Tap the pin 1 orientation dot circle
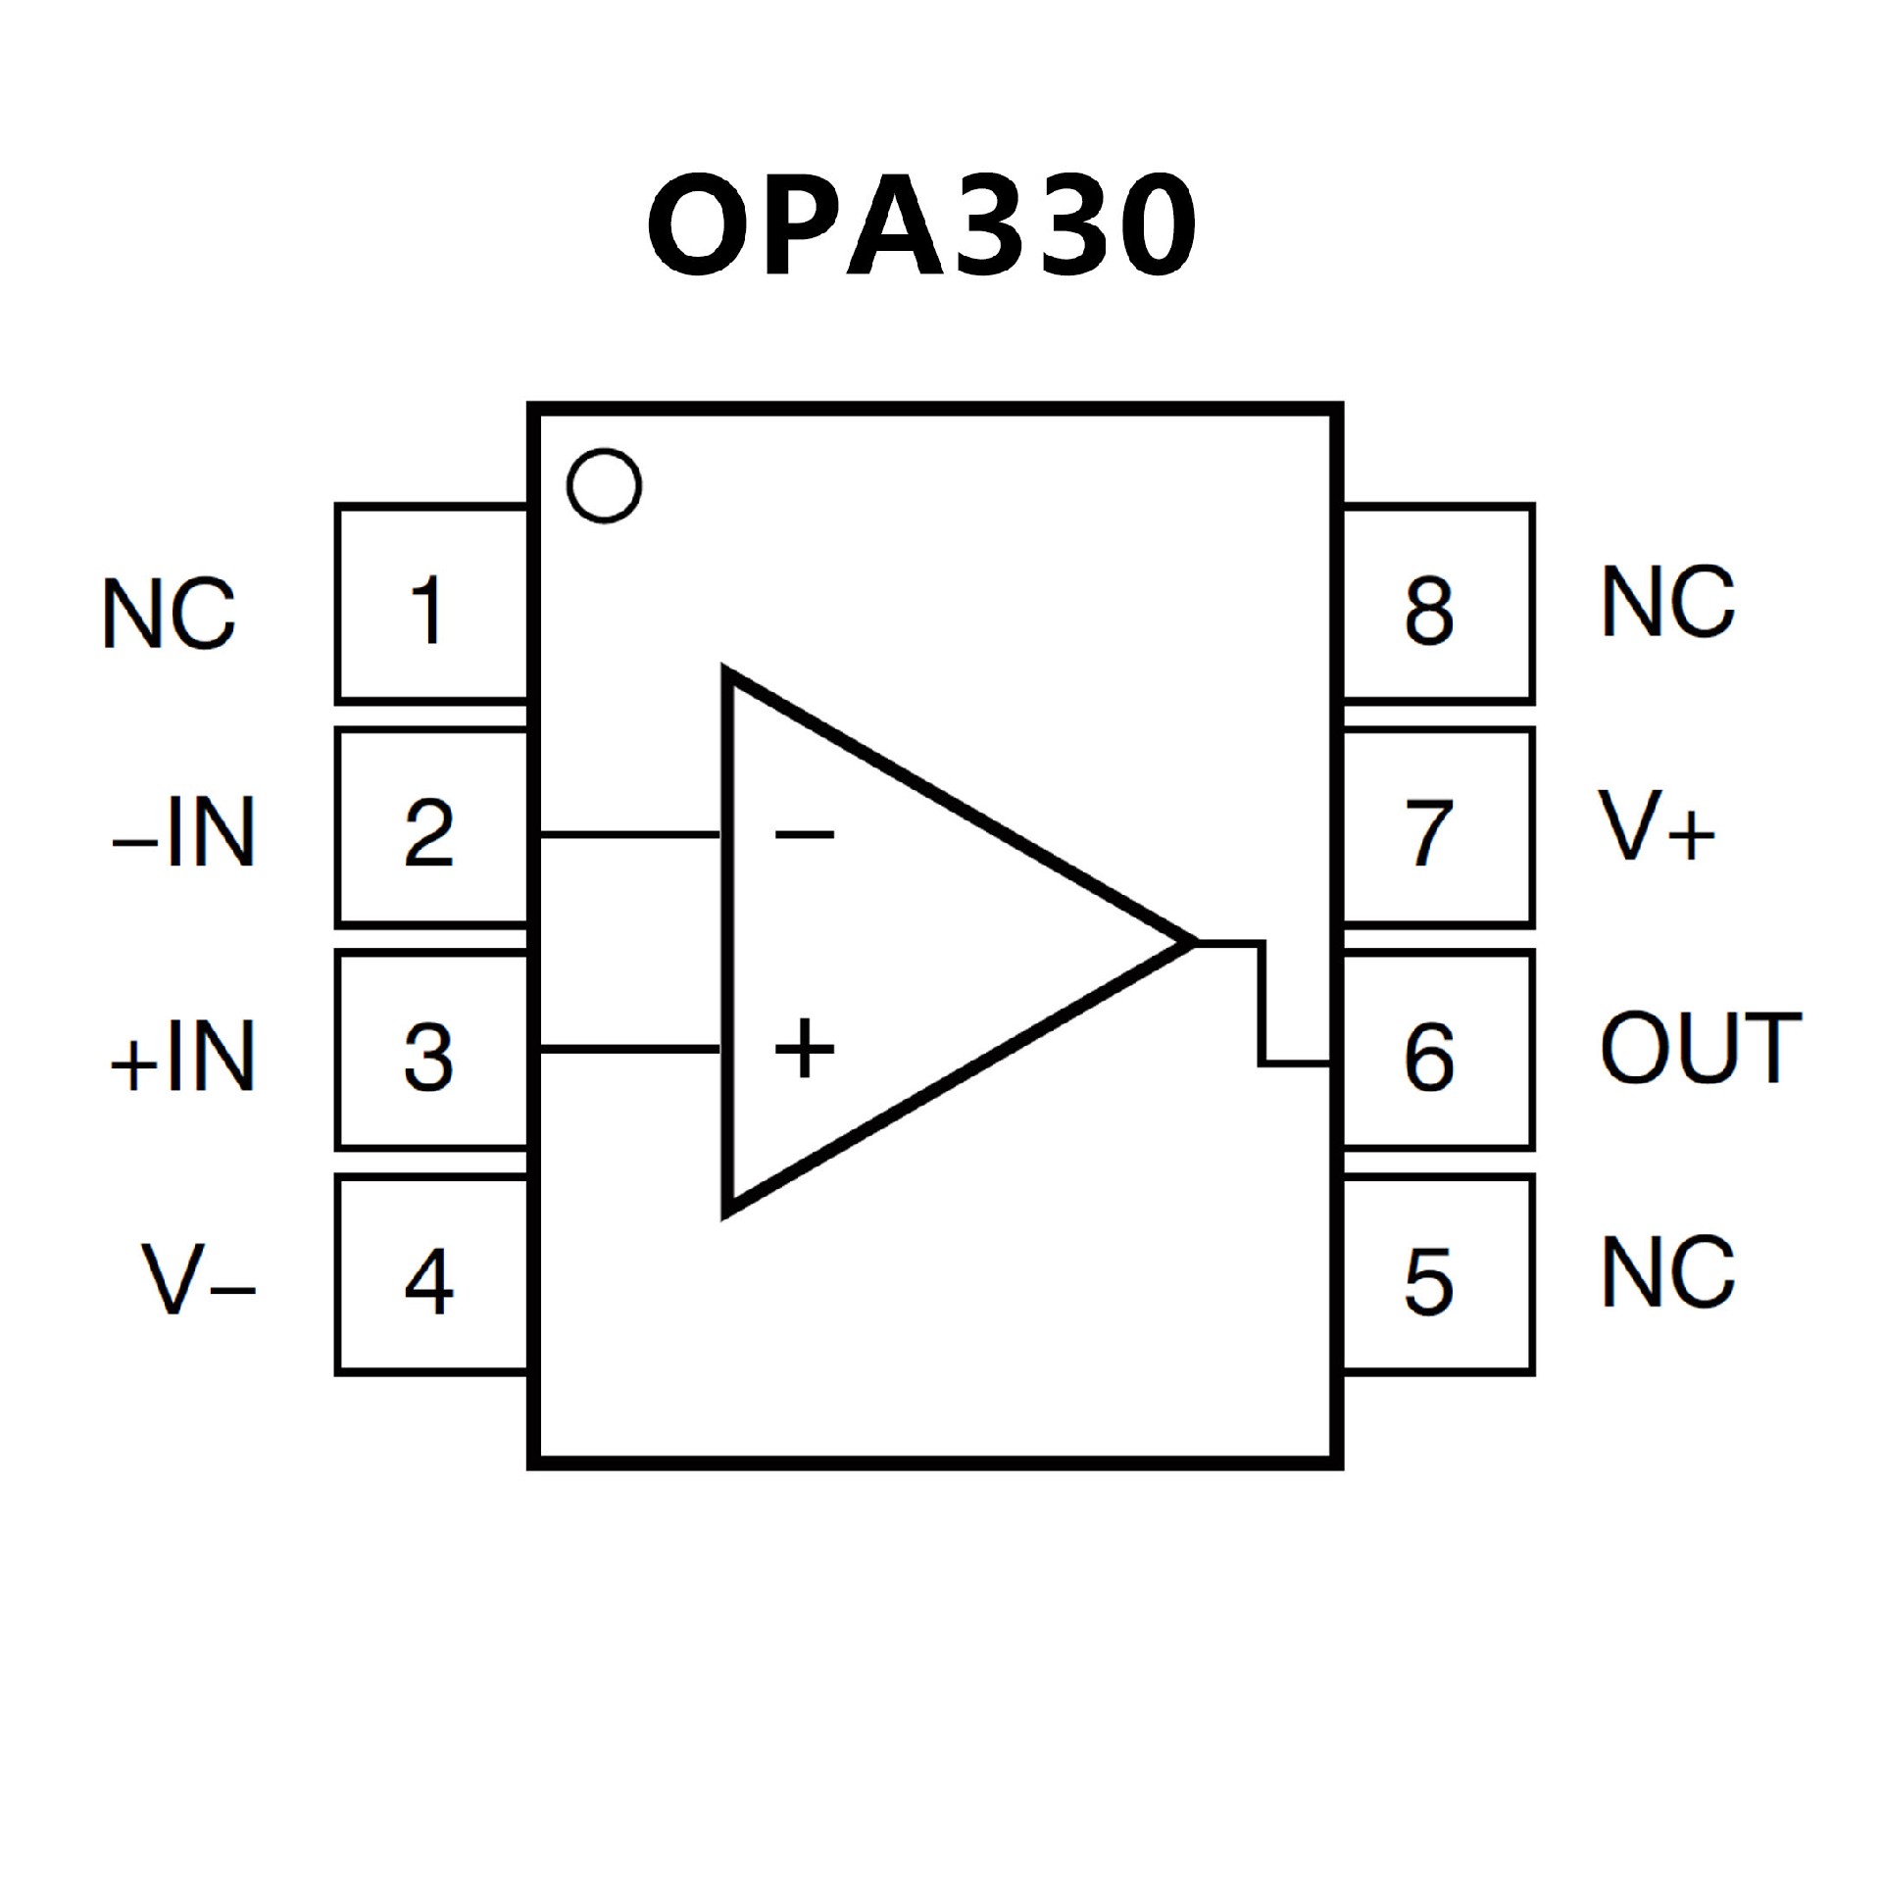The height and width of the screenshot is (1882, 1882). coord(604,485)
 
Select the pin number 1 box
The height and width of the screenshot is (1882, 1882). coord(431,605)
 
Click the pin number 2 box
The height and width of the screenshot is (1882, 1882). coord(431,828)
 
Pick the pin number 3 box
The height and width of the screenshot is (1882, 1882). coord(431,1052)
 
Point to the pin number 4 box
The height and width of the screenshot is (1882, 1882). coord(431,1275)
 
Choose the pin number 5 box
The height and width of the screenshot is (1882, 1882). coord(1437,1275)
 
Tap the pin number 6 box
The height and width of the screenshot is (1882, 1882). coord(1437,1052)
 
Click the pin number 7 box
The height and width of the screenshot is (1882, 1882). coord(1437,828)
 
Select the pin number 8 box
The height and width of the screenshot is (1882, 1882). coord(1437,605)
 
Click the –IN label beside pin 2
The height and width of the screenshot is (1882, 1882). coord(183,832)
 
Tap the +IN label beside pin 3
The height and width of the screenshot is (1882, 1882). coord(183,1056)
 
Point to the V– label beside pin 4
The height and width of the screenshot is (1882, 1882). coord(199,1279)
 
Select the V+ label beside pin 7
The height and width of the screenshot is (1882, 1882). coord(1658,826)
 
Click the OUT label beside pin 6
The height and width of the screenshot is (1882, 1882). coord(1701,1048)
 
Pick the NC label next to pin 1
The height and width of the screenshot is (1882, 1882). coord(169,613)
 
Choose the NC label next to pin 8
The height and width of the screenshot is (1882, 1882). coord(1667,602)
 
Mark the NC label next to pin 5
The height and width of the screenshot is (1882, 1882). coord(1667,1271)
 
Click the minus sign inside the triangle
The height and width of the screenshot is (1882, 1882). coord(805,835)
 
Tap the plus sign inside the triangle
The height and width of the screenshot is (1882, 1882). coord(805,1048)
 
